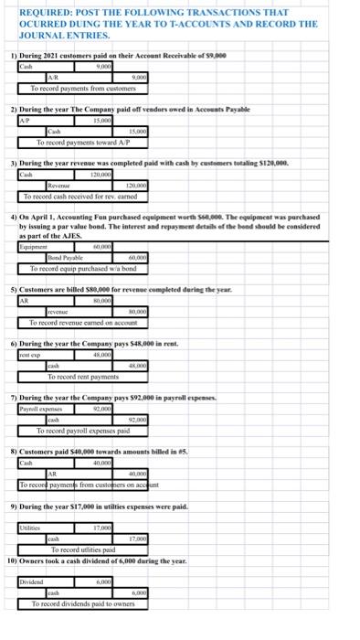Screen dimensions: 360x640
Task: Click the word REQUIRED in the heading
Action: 38,12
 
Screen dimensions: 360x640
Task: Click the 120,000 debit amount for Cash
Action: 108,175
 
